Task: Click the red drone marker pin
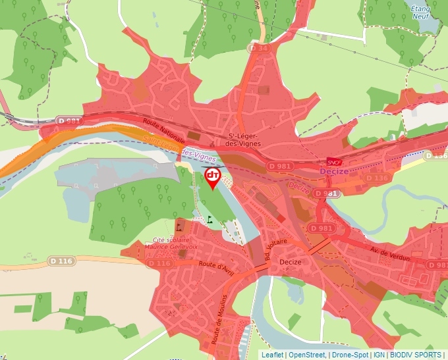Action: pos(213,177)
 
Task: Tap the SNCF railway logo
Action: pos(334,161)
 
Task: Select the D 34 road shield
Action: pos(259,48)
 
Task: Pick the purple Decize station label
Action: pos(333,171)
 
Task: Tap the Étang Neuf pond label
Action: pos(420,12)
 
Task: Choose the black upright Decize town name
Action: pos(290,262)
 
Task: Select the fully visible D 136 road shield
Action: pos(377,178)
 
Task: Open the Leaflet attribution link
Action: pos(272,355)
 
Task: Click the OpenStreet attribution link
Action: pos(307,355)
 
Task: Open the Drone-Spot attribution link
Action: pos(350,355)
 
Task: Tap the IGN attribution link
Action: pos(379,355)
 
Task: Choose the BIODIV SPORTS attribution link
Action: pos(415,355)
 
